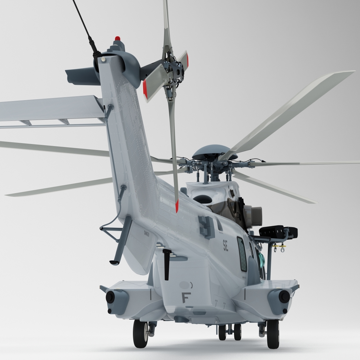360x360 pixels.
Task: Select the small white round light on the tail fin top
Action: click(x=104, y=60)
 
